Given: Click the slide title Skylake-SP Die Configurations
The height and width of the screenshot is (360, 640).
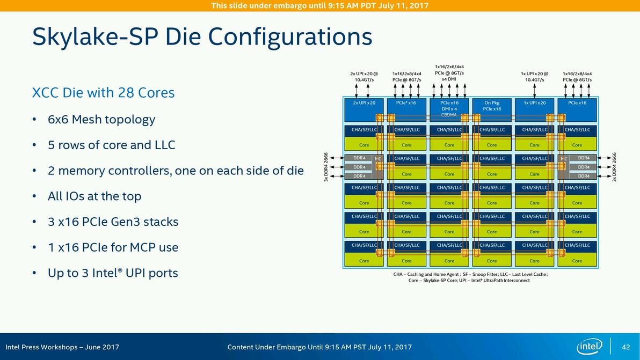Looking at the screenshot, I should click(x=202, y=37).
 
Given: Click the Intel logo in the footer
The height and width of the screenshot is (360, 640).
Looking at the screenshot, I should click(x=589, y=347).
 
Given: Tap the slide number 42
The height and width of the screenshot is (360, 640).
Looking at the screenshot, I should click(x=626, y=347).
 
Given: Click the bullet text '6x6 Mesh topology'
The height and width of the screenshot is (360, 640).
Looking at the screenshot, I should click(x=101, y=119).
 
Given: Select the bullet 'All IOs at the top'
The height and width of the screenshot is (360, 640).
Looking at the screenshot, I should click(x=94, y=196).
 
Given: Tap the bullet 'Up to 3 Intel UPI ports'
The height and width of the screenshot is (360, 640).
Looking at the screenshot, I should click(x=113, y=273).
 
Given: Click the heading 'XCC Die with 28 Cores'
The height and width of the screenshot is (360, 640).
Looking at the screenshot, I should click(x=104, y=93).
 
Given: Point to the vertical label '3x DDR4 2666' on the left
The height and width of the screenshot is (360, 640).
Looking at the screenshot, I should click(x=326, y=167).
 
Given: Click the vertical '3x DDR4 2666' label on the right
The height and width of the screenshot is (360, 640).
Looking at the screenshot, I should click(x=614, y=167).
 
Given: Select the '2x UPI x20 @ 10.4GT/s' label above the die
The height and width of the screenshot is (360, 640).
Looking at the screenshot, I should click(x=364, y=76).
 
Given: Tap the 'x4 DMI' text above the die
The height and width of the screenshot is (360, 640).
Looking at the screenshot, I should click(x=449, y=79).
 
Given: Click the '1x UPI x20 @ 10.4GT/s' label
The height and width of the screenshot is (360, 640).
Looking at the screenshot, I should click(x=535, y=76).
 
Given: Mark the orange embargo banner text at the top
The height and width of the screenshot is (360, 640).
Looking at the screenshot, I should click(x=319, y=5).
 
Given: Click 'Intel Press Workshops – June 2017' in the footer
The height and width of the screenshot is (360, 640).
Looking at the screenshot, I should click(x=62, y=347).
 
